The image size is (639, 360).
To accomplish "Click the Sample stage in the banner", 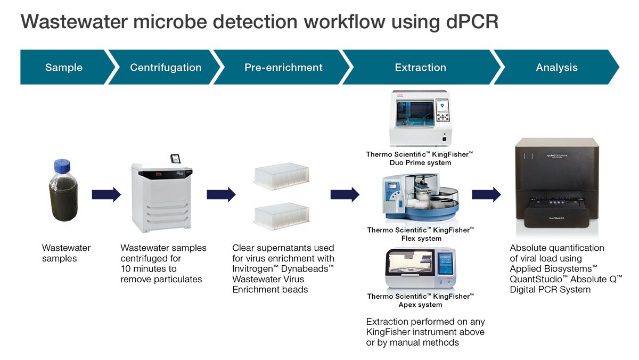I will [64, 68].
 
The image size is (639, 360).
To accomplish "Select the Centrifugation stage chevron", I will [166, 68].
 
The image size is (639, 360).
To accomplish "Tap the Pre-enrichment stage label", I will [283, 68].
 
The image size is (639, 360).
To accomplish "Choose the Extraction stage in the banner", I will [420, 68].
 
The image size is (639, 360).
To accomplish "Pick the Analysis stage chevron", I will [556, 68].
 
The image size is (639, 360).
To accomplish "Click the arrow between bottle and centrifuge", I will [106, 194].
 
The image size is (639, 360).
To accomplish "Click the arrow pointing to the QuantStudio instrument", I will [486, 194].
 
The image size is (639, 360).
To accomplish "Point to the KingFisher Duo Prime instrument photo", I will [421, 118].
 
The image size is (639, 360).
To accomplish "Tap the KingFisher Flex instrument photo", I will [420, 198].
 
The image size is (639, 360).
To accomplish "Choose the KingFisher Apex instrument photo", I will [420, 269].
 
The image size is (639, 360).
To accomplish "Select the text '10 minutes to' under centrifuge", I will [149, 269].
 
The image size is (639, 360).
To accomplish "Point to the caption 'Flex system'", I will [421, 239].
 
